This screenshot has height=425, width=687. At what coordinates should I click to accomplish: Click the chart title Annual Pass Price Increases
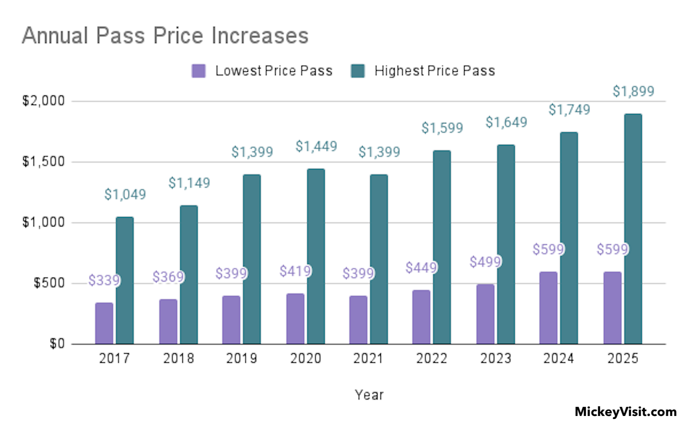coord(165,35)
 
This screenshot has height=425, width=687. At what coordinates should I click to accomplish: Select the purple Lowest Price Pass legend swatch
coord(198,71)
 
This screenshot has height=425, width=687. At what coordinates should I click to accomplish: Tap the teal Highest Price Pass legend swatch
coord(358,71)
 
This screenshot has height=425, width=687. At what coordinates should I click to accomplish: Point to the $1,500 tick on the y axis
coord(43,162)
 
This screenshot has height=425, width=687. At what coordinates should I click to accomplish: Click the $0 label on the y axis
coord(57,344)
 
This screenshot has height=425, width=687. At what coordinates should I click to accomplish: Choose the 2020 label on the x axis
coord(306,358)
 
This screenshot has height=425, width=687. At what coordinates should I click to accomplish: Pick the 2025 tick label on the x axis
coord(623,358)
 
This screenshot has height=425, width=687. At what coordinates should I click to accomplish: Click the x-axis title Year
coord(369,395)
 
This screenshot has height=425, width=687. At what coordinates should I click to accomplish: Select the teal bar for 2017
coord(125,280)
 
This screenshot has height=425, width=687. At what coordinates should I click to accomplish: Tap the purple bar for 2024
coord(548,308)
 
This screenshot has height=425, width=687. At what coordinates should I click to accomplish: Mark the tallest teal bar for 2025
coord(633,229)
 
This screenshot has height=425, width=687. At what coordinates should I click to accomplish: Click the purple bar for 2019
coord(231,320)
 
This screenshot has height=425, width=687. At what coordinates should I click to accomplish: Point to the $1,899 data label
coord(633,91)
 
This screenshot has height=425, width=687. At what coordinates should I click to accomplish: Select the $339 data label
coord(104,280)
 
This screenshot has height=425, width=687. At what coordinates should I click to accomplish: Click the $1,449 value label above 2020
coord(316,147)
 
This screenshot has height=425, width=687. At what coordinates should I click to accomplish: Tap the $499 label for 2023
coord(485,262)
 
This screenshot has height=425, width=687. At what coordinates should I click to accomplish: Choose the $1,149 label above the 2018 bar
coord(189,183)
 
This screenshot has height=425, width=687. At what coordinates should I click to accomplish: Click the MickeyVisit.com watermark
coord(626,412)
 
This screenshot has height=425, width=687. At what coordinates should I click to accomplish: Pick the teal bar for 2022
coord(442,247)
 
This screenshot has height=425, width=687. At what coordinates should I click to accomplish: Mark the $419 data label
coord(295,271)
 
